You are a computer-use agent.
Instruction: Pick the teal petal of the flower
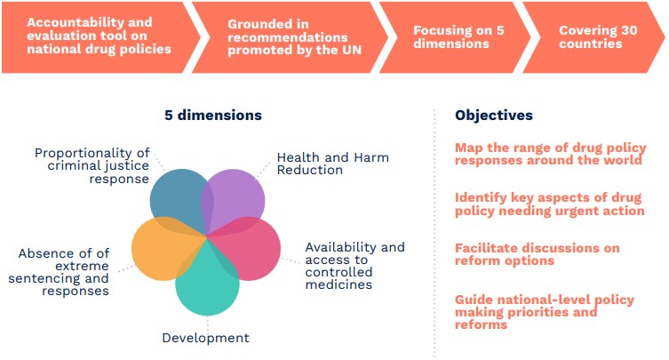[208, 284]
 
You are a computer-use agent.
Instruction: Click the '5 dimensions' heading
[213, 115]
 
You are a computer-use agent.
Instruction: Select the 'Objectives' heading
[494, 115]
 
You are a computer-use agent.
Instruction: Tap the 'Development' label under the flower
[205, 338]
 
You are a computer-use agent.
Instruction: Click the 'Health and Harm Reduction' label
[333, 164]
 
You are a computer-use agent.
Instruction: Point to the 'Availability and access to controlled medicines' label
[355, 266]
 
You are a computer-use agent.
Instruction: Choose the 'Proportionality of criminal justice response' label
[92, 165]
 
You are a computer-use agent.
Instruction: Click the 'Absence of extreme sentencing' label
[59, 272]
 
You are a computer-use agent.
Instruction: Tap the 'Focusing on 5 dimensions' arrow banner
[455, 37]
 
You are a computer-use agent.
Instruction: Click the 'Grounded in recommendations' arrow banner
[291, 37]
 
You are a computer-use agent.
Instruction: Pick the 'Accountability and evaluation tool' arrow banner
[100, 37]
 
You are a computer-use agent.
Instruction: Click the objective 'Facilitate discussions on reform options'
[538, 254]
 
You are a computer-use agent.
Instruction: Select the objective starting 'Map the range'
[550, 154]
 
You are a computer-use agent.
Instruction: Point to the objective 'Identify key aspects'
[550, 204]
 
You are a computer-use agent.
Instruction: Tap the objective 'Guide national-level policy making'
[545, 312]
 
